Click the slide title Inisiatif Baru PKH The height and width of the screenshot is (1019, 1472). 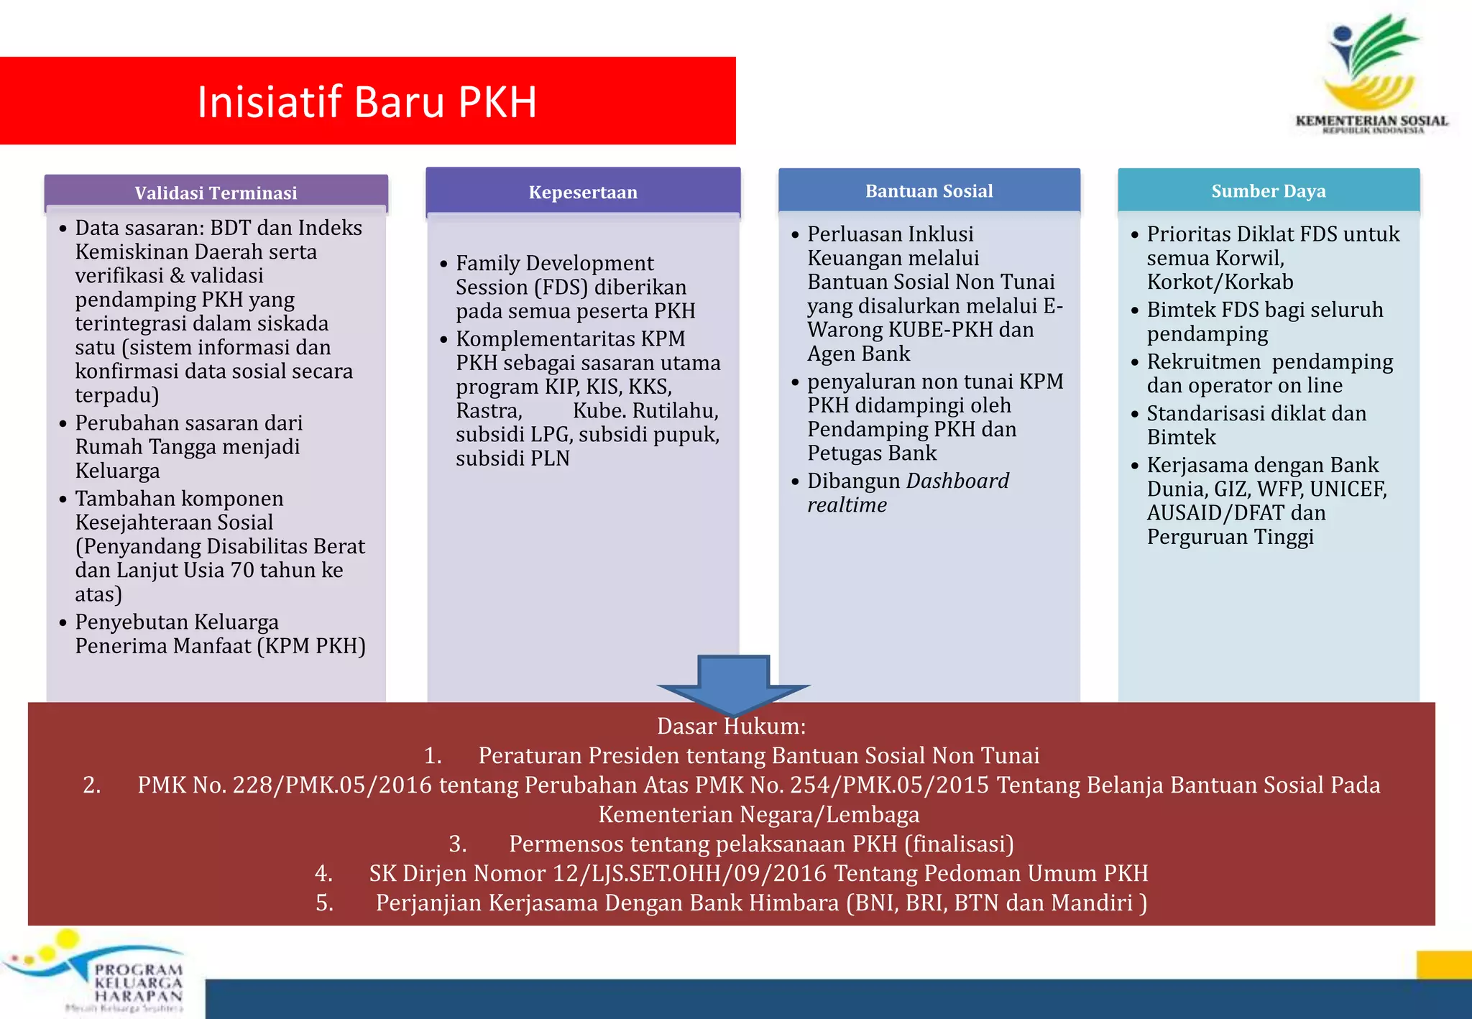tap(367, 102)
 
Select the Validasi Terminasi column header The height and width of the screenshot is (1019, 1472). tap(216, 193)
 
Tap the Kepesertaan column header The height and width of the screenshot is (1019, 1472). tap(583, 192)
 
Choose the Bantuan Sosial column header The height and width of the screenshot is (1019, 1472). tap(929, 190)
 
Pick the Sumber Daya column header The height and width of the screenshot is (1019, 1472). tap(1269, 190)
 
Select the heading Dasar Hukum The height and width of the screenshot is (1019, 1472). tap(731, 726)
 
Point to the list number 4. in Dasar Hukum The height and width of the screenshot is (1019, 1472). tap(323, 873)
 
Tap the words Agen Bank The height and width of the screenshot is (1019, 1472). tap(858, 354)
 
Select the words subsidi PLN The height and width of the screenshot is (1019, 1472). tap(512, 458)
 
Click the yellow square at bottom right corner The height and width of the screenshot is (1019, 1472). tap(1443, 965)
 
